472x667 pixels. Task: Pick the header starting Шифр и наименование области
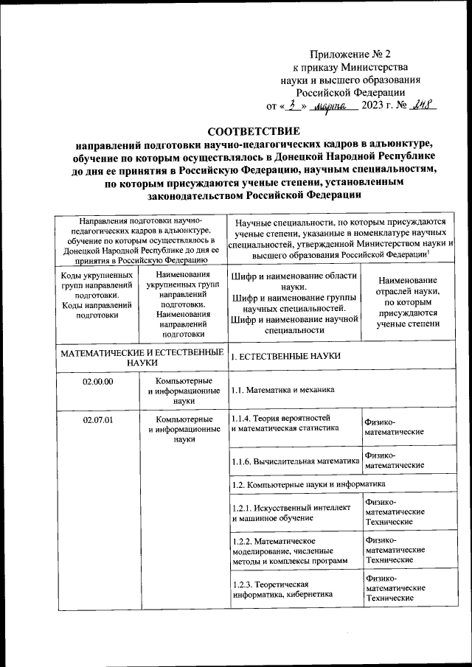tap(294, 302)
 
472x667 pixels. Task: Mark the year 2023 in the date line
tap(381, 105)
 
